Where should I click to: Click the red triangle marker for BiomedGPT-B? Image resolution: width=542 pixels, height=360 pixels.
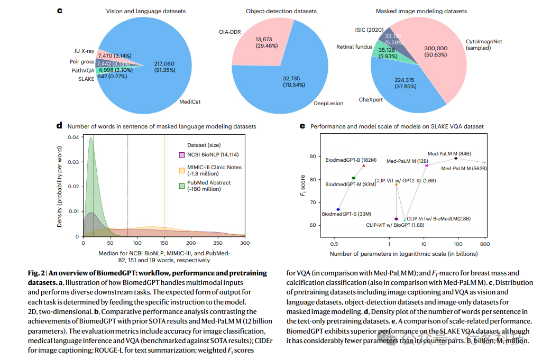pyautogui.click(x=363, y=166)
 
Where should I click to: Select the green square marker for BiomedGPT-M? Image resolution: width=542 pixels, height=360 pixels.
pyautogui.click(x=354, y=178)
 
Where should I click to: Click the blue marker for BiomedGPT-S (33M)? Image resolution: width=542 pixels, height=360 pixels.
pyautogui.click(x=338, y=210)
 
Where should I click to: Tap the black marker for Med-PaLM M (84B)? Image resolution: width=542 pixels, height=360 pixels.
pyautogui.click(x=456, y=159)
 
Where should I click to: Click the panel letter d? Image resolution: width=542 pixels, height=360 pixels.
pyautogui.click(x=59, y=126)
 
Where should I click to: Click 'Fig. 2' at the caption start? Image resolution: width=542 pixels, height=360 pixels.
pyautogui.click(x=37, y=273)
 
